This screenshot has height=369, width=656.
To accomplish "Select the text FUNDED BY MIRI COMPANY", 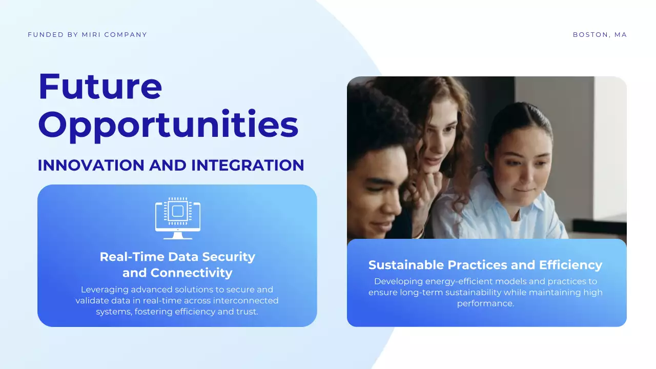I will click(x=87, y=35).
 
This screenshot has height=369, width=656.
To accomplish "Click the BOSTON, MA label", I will click(x=600, y=35).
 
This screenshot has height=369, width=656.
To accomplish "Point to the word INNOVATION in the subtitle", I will click(x=91, y=166).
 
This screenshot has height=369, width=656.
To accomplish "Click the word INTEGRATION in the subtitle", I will click(x=248, y=166).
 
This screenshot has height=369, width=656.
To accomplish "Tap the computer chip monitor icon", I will click(x=177, y=218).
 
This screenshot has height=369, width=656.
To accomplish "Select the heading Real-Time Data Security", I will click(x=177, y=257).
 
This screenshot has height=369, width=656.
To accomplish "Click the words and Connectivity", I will click(x=177, y=273).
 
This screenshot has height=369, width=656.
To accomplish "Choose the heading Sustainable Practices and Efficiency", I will click(x=485, y=265).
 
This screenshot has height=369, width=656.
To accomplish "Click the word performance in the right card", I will click(x=485, y=303).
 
